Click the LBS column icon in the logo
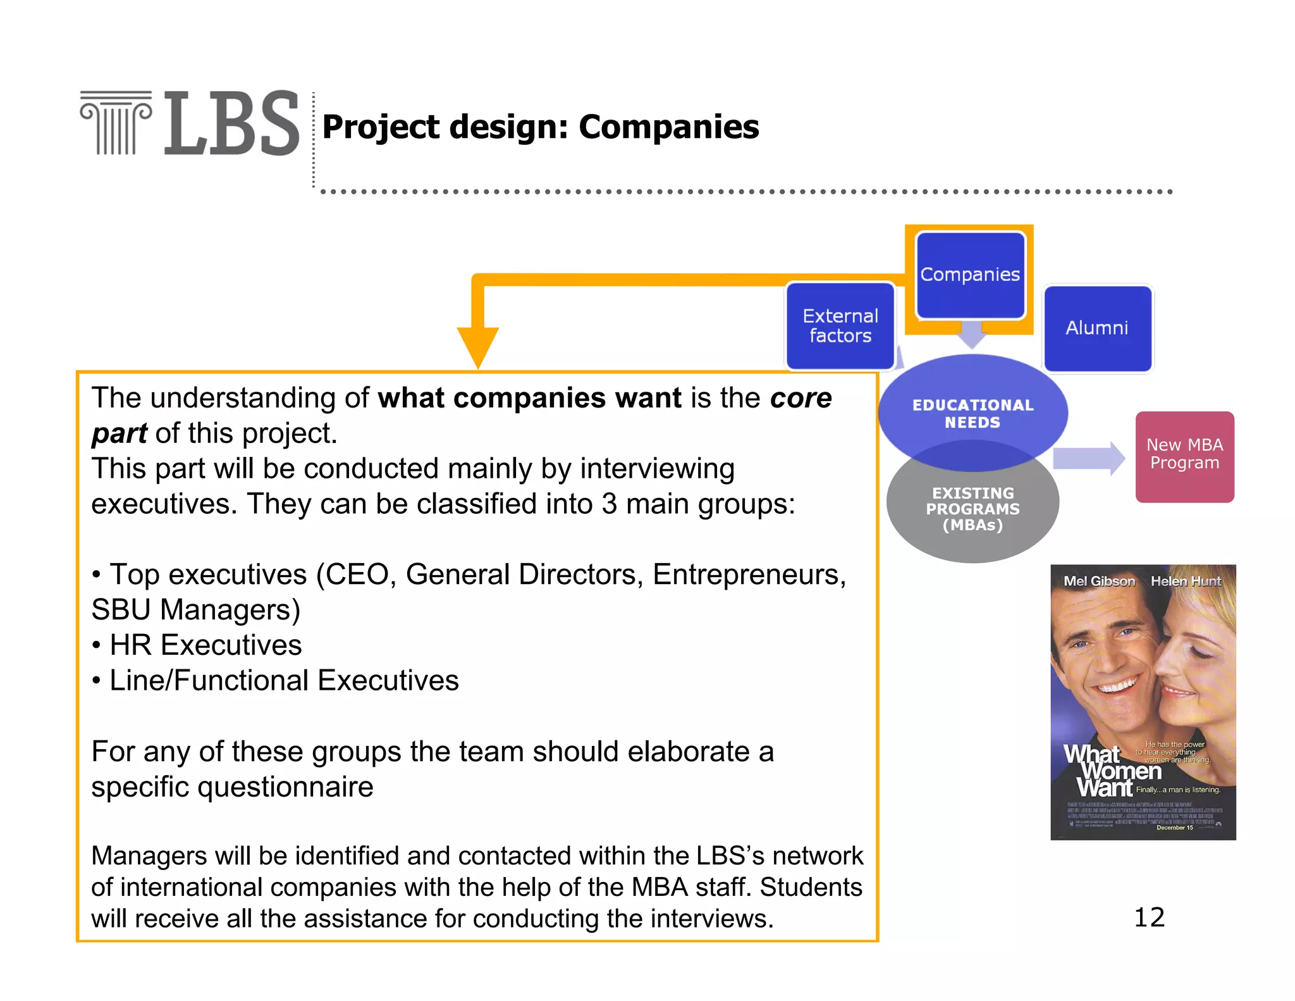116,123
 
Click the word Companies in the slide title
668,127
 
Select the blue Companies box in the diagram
970,275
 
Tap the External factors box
840,326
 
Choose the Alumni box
1097,328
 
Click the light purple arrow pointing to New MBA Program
1088,457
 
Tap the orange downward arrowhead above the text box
478,345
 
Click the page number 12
1149,917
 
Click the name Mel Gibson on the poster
1099,581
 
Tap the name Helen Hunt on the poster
1186,581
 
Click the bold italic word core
801,398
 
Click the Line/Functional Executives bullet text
284,681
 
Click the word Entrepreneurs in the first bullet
748,575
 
